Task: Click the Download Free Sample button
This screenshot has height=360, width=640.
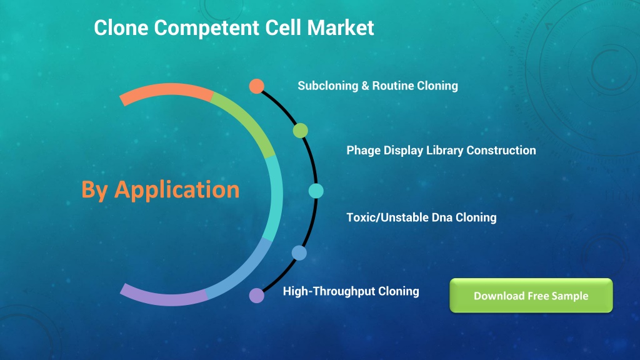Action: click(x=531, y=296)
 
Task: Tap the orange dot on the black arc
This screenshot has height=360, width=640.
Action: click(x=257, y=86)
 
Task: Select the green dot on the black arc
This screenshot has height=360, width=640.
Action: click(x=301, y=131)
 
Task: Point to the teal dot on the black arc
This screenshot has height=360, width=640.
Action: click(x=316, y=191)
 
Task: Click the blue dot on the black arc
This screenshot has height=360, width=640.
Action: click(x=299, y=253)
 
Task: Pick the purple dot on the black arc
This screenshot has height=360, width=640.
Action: click(x=257, y=295)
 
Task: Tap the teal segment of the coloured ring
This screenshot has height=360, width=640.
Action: click(x=274, y=198)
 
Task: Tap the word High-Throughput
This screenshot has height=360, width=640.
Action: click(x=329, y=291)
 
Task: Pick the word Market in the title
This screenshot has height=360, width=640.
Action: click(x=341, y=27)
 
